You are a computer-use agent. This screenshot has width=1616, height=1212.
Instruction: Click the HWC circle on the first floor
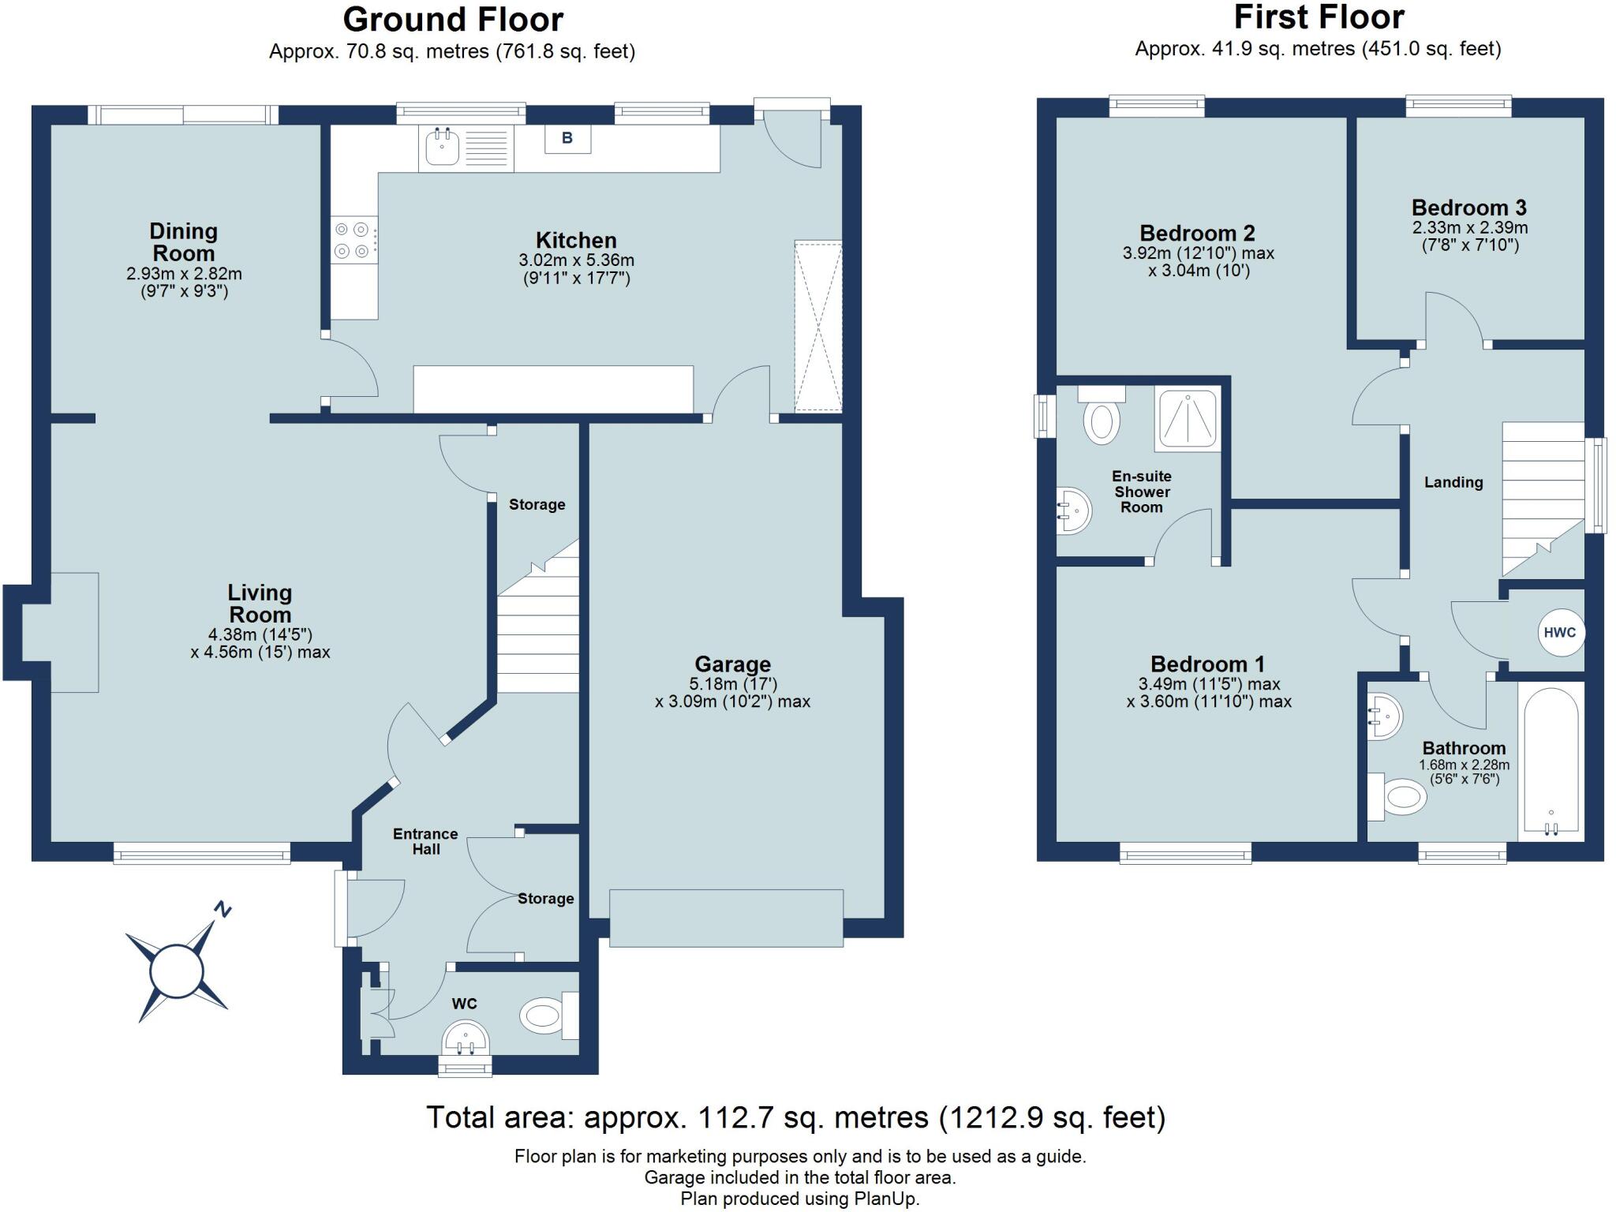point(1560,633)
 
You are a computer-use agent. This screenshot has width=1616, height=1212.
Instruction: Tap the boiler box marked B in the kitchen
point(567,139)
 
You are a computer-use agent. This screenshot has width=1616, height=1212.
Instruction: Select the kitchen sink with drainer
point(466,148)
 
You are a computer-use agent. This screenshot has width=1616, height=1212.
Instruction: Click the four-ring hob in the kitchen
point(353,241)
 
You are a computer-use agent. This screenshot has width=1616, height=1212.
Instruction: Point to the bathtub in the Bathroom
point(1551,761)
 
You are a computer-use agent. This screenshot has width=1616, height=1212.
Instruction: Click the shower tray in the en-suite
point(1187,418)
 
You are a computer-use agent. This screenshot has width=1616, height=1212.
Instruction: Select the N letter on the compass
point(223,910)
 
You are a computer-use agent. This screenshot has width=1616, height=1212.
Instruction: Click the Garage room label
point(732,664)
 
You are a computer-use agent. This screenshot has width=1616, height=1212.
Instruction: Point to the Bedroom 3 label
point(1468,208)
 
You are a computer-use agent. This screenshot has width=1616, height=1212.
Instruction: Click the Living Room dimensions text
point(260,644)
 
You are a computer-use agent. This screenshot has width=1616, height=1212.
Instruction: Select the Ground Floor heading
point(453,20)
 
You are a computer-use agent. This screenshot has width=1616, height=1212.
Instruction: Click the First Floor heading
point(1319,17)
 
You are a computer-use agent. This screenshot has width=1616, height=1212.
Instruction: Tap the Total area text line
point(795,1117)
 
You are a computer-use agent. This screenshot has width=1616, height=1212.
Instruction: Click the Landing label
point(1453,482)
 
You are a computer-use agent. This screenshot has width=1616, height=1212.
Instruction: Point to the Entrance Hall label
point(425,841)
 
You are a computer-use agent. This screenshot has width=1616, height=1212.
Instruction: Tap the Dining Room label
point(183,242)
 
